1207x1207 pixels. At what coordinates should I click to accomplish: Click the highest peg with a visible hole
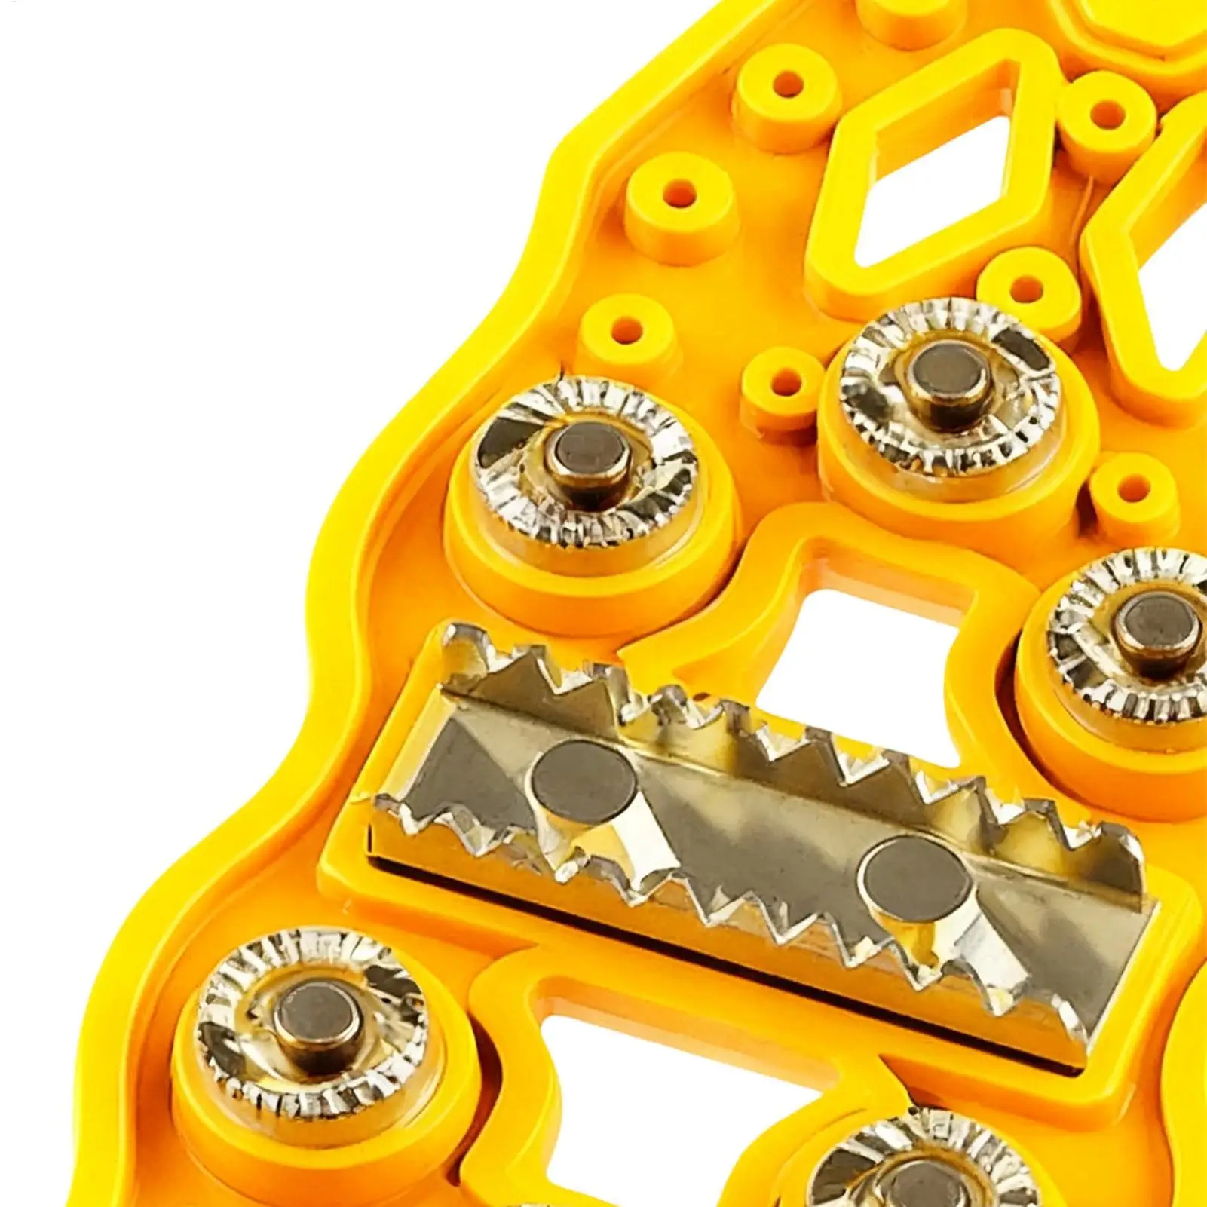[789, 83]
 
